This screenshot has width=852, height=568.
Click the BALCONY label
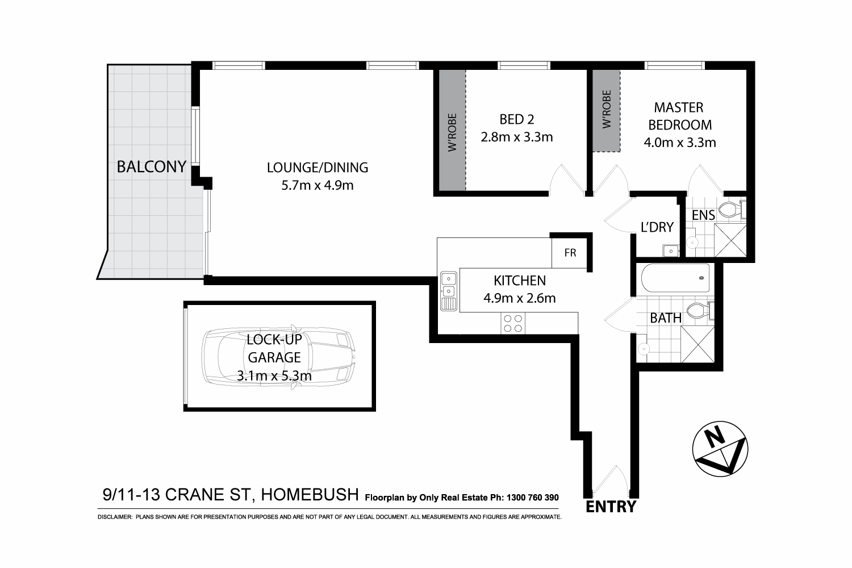click(151, 166)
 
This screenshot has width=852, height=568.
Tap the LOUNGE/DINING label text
click(318, 168)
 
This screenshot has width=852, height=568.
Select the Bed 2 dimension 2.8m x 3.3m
click(516, 137)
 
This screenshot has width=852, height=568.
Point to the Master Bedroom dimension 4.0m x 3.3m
click(679, 142)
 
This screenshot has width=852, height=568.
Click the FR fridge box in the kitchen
click(570, 253)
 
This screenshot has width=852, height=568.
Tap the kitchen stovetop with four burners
click(513, 323)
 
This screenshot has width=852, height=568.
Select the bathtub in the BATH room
click(675, 278)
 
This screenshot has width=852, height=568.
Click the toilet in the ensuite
click(731, 210)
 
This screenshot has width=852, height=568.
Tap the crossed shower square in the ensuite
click(729, 240)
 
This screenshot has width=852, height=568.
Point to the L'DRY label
click(657, 227)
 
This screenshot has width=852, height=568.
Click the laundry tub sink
click(670, 250)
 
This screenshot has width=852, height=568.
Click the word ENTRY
click(611, 507)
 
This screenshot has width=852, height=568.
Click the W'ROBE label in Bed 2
click(452, 132)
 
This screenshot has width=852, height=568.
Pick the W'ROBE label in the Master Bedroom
click(607, 109)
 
